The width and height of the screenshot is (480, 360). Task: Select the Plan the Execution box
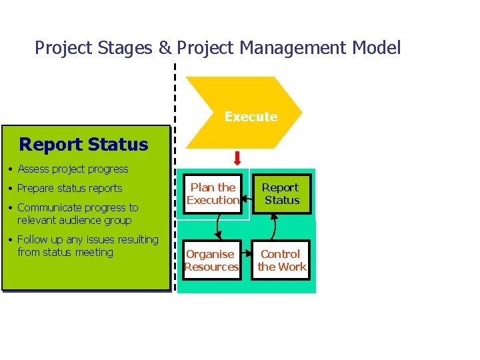213,194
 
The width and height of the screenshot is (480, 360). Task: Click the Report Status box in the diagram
281,194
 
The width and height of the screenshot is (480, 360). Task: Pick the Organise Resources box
212,260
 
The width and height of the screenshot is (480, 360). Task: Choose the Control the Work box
281,260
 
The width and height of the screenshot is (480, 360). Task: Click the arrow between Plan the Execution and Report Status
246,194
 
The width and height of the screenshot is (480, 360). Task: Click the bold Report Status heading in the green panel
83,144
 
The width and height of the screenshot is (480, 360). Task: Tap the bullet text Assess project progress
73,169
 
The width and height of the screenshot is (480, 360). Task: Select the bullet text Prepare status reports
70,188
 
